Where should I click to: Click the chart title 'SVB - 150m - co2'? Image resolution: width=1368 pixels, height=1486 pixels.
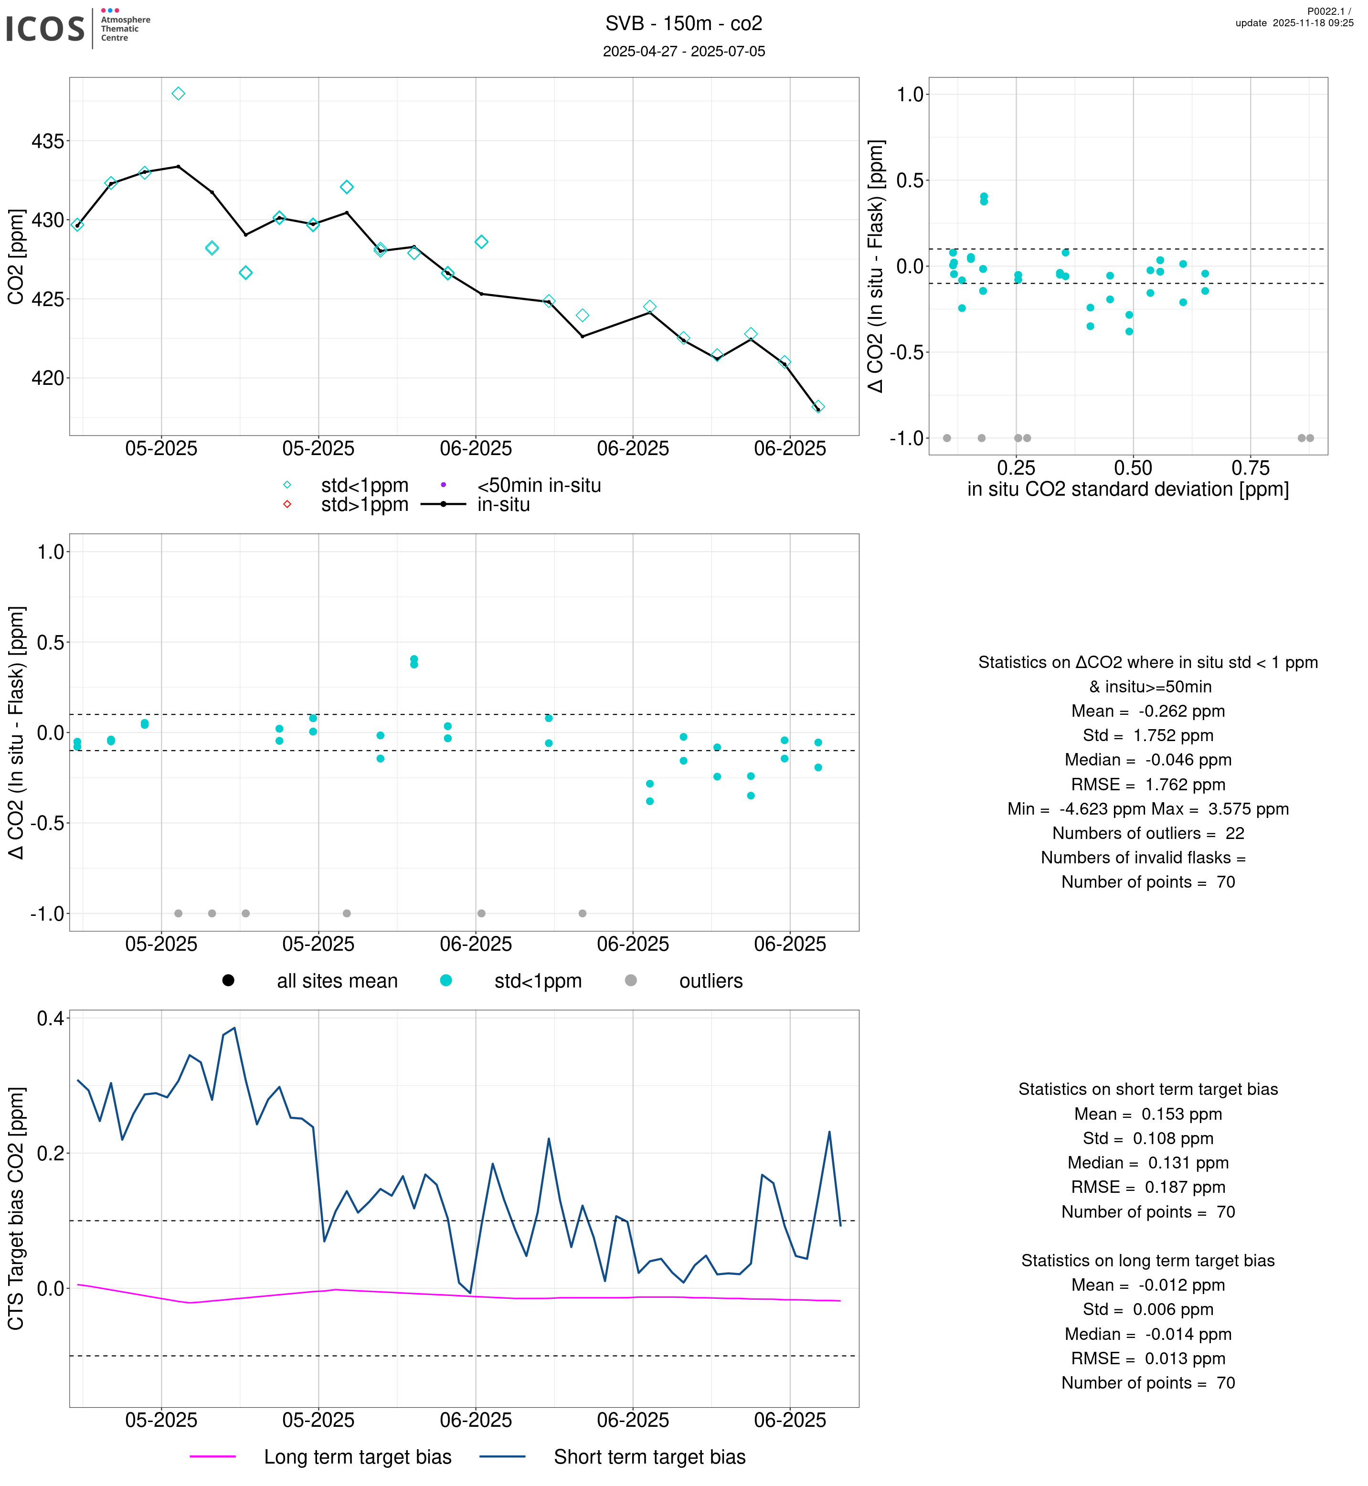click(x=683, y=24)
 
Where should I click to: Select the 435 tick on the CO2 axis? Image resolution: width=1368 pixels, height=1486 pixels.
click(x=47, y=141)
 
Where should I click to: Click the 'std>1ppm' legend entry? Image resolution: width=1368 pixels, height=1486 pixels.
click(x=364, y=505)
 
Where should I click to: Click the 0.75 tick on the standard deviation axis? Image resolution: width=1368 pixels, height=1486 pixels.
click(x=1250, y=468)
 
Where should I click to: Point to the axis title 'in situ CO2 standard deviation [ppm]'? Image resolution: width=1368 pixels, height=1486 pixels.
click(x=1127, y=489)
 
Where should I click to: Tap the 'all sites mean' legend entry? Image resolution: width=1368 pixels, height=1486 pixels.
click(x=337, y=981)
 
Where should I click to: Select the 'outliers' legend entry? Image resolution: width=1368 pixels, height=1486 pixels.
click(x=711, y=981)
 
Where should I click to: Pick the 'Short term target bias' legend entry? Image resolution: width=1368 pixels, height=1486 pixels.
click(x=649, y=1457)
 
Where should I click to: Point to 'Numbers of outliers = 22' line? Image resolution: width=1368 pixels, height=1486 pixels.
click(x=1147, y=834)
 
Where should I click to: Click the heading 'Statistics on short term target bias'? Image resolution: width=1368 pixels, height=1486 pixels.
click(x=1147, y=1089)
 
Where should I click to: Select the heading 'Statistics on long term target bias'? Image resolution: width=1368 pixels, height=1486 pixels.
click(x=1147, y=1261)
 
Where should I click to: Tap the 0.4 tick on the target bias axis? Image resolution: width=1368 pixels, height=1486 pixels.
click(x=50, y=1019)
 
